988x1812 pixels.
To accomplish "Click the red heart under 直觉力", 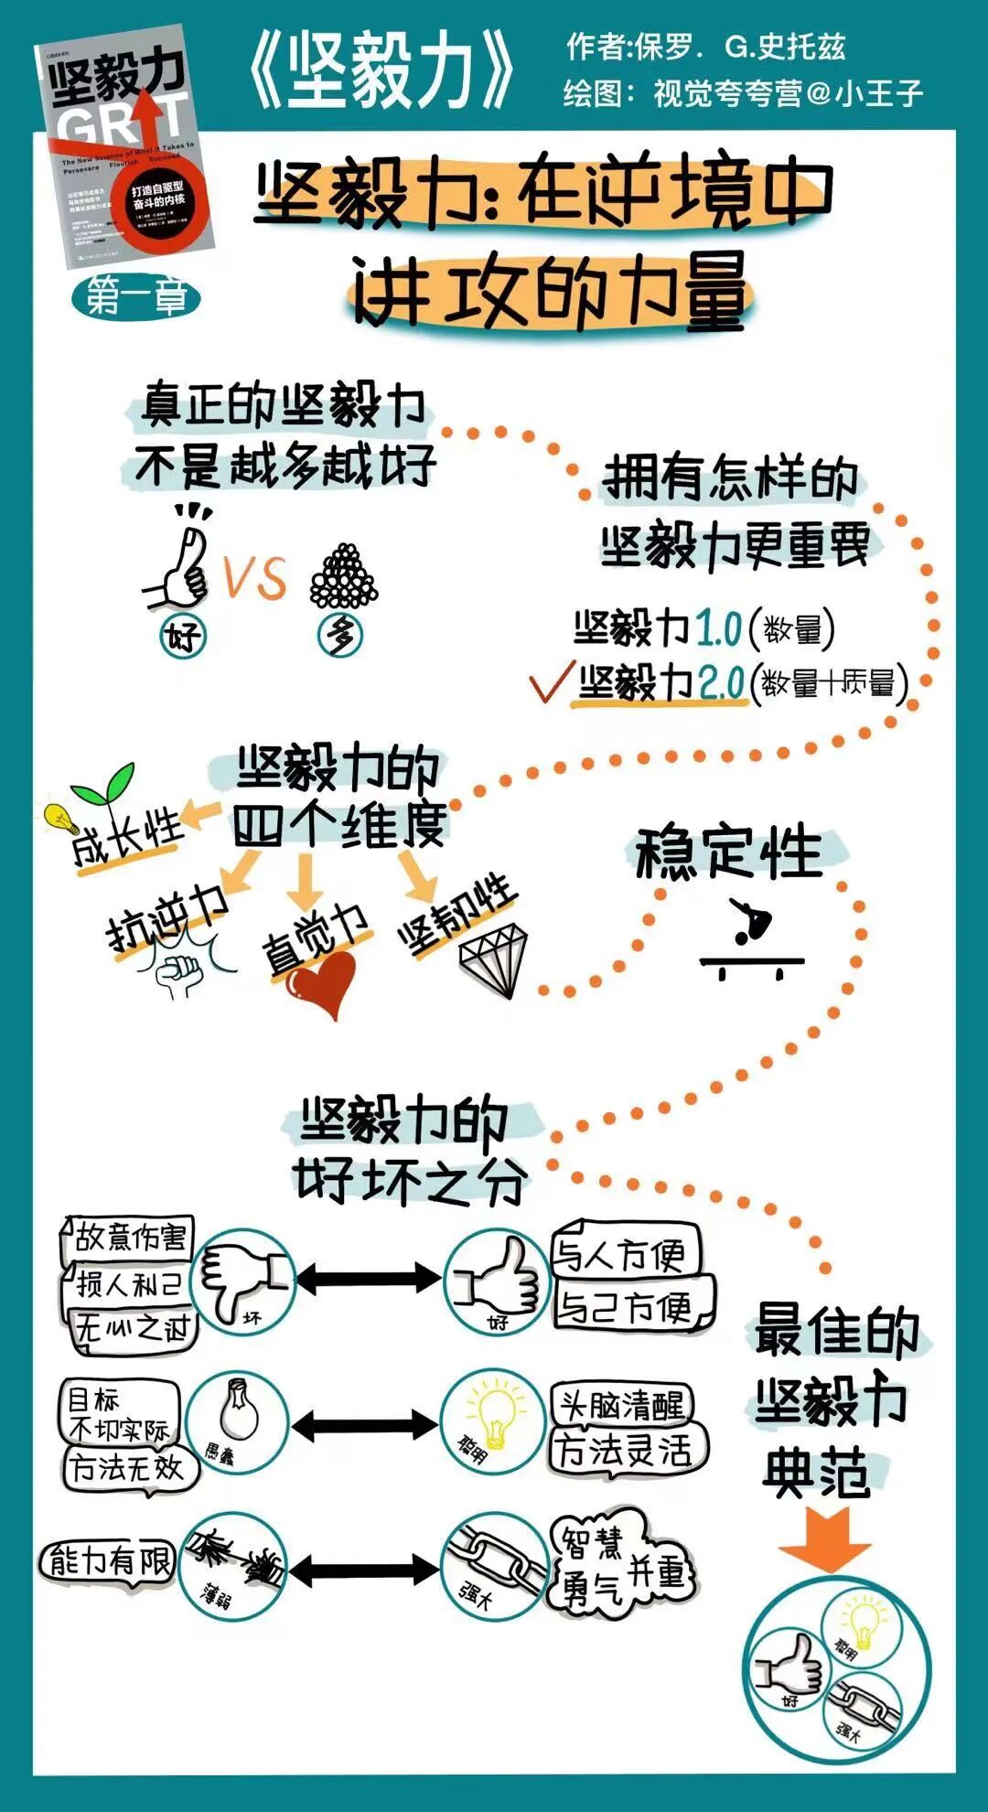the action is tap(322, 984).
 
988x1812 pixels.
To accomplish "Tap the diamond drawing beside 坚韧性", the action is tap(494, 960).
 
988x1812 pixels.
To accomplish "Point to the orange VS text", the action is tap(255, 577).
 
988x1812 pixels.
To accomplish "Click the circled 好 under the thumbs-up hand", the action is tap(183, 636).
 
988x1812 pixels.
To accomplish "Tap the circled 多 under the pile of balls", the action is tap(341, 636).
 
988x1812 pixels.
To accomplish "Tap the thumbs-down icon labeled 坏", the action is tap(243, 1280).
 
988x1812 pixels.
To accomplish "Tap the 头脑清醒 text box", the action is tap(622, 1405).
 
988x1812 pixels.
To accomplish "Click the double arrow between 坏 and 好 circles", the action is tap(368, 1278).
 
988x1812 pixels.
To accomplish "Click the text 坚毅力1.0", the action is tap(657, 629).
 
